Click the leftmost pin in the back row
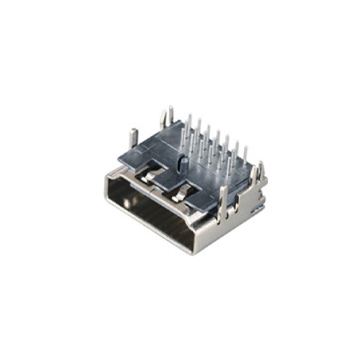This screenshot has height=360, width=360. coord(188,122)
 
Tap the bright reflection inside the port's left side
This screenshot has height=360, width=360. coord(126,202)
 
